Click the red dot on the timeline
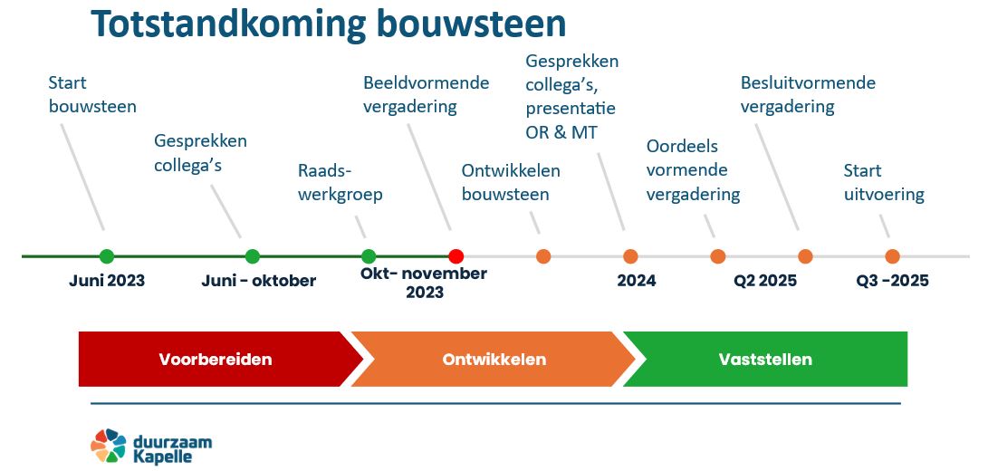pos(456,256)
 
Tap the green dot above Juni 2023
pos(107,256)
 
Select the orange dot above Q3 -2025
pos(892,256)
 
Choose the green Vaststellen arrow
pos(765,359)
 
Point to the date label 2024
pos(637,281)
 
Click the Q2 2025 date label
pos(765,281)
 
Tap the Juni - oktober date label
pos(259,281)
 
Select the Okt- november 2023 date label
pos(424,284)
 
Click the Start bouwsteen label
pos(92,94)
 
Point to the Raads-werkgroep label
pos(341,182)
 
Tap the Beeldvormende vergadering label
pos(426,94)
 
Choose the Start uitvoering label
pos(884,182)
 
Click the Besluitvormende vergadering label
pos(808,94)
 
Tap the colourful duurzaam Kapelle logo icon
pos(109,446)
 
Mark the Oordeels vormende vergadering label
pos(693,170)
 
